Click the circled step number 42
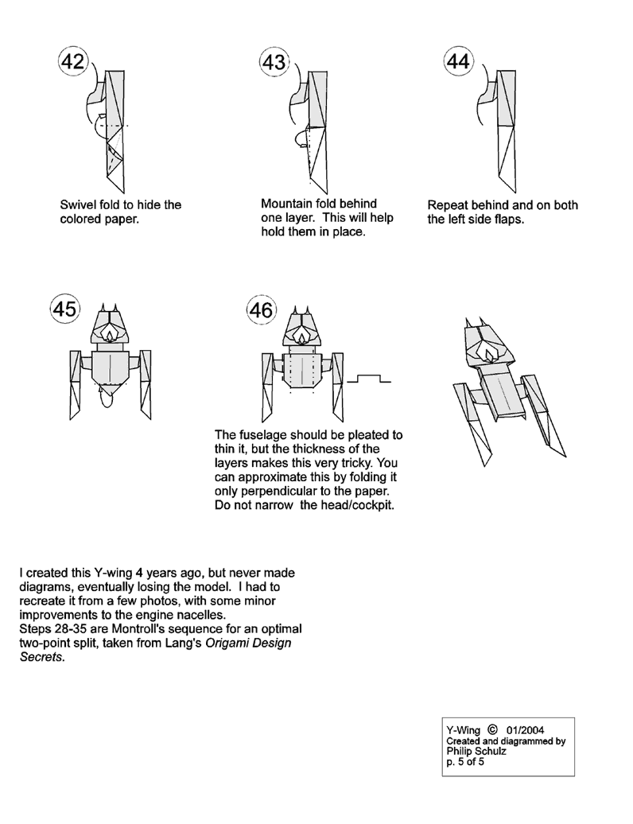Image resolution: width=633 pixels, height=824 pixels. coord(72,63)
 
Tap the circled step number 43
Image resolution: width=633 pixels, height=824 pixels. coord(273,63)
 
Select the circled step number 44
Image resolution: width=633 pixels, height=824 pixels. coord(459,63)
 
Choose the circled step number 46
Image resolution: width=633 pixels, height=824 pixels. coord(260,310)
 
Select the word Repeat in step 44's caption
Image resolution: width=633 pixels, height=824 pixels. coord(447,205)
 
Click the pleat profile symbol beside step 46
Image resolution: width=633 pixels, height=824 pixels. coord(371,379)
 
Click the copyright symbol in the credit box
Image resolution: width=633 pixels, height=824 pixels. coord(492,727)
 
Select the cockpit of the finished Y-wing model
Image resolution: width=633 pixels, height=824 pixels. coord(486,349)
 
